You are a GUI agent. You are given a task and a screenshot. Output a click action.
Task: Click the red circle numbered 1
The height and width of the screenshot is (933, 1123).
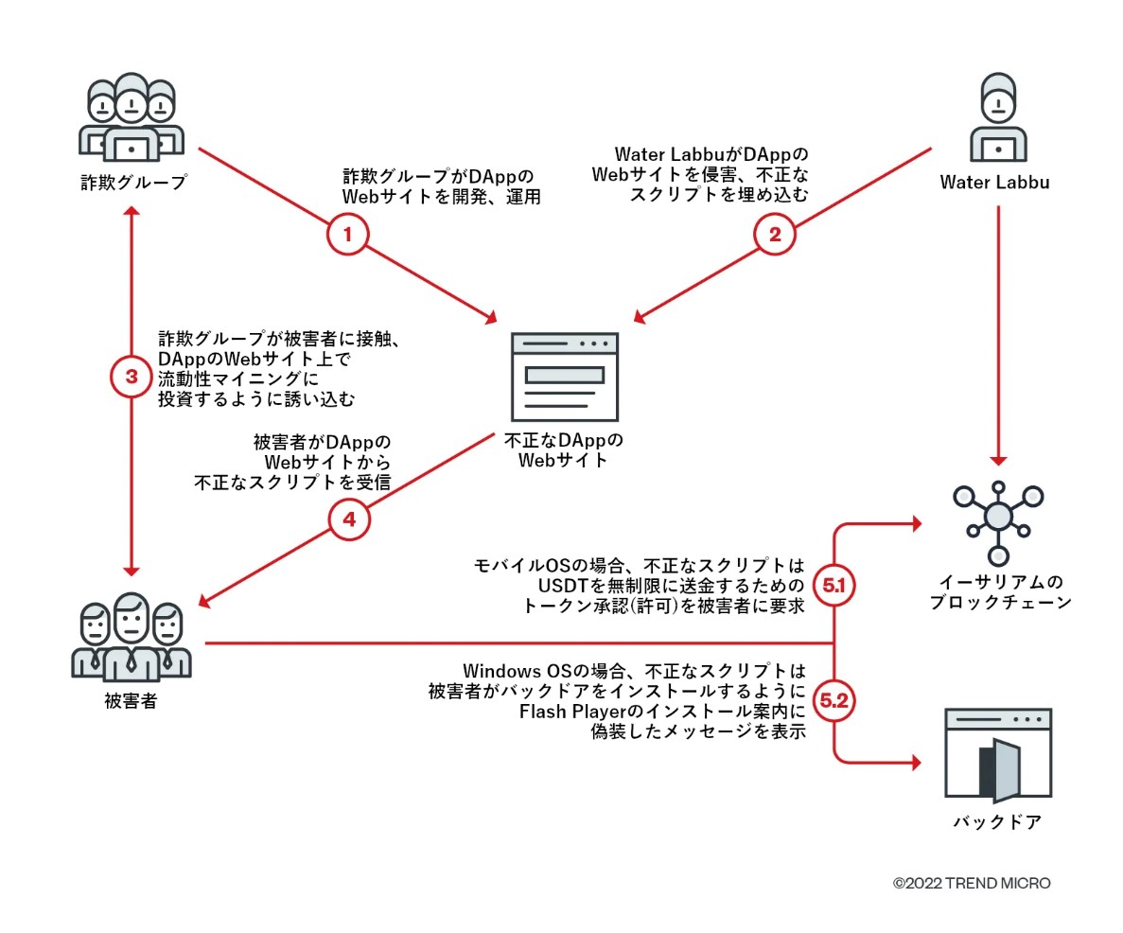[347, 236]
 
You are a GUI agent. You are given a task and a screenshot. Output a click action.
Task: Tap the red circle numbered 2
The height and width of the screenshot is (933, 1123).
[775, 236]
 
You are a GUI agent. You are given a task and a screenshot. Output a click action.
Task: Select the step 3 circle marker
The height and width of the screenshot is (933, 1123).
[132, 377]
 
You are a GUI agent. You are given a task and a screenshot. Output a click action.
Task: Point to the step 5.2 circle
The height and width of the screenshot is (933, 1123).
[834, 702]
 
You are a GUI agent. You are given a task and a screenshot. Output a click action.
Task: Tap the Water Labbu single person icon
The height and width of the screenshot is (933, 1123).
[997, 118]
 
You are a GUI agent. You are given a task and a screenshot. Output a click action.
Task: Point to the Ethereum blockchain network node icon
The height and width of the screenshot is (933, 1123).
[997, 517]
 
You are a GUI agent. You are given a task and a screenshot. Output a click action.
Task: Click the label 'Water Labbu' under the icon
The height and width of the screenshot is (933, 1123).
[994, 181]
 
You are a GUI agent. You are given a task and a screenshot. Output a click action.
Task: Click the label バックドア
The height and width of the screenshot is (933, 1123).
[997, 821]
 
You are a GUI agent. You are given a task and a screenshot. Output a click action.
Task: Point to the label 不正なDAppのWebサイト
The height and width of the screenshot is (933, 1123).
[564, 450]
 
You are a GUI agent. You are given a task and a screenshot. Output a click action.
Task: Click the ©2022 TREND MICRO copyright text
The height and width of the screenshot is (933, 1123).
[972, 883]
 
